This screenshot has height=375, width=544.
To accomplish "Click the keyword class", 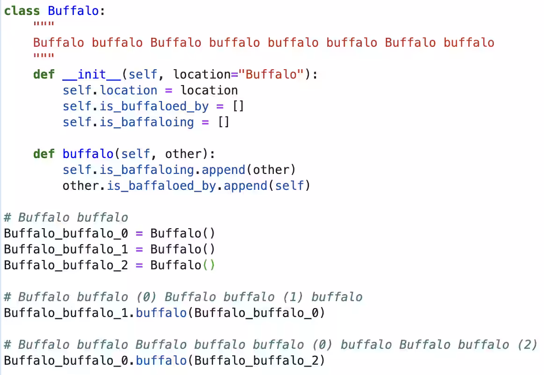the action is (22, 11).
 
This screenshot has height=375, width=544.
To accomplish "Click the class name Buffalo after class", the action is (73, 11).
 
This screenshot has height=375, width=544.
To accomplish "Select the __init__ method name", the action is (92, 74).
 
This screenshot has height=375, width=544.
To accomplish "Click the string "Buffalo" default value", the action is (271, 74).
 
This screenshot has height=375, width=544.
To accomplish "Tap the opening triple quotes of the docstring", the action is (44, 24).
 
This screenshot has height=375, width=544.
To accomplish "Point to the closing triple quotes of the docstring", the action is (44, 56).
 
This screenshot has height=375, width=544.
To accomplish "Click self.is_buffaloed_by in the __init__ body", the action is (136, 107).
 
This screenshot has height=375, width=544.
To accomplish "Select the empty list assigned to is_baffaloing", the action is (223, 122).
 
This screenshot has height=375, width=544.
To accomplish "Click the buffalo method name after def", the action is (88, 153).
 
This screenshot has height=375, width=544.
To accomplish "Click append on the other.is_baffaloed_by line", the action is (245, 186).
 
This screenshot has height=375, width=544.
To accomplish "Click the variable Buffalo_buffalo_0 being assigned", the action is (66, 233).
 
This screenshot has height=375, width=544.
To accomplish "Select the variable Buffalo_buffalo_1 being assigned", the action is (66, 249).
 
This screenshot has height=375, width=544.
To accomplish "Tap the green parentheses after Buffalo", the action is (209, 265).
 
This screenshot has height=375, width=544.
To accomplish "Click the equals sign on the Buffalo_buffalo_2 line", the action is (139, 266).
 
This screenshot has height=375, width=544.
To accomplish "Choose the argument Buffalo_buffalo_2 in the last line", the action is (256, 361).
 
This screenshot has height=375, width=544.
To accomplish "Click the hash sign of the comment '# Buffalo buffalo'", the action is (7, 217).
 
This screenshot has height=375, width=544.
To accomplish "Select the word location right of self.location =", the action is (209, 90).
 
